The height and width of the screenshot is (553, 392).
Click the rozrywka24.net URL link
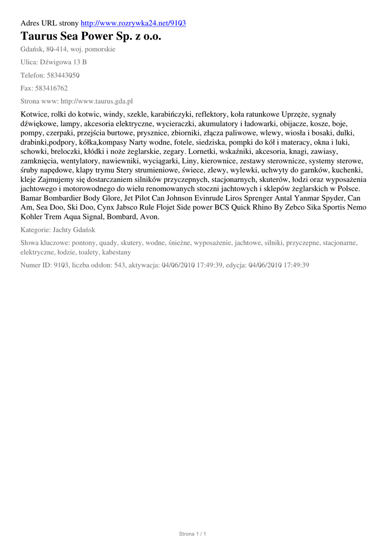pos(133,23)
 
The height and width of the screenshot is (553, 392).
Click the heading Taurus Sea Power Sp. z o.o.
pos(91,36)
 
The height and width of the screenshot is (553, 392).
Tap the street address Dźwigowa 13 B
pos(63,62)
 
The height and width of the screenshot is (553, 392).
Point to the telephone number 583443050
pos(63,75)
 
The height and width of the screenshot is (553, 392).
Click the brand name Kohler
pos(33,217)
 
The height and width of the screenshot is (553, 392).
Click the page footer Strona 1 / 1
pos(193,534)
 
